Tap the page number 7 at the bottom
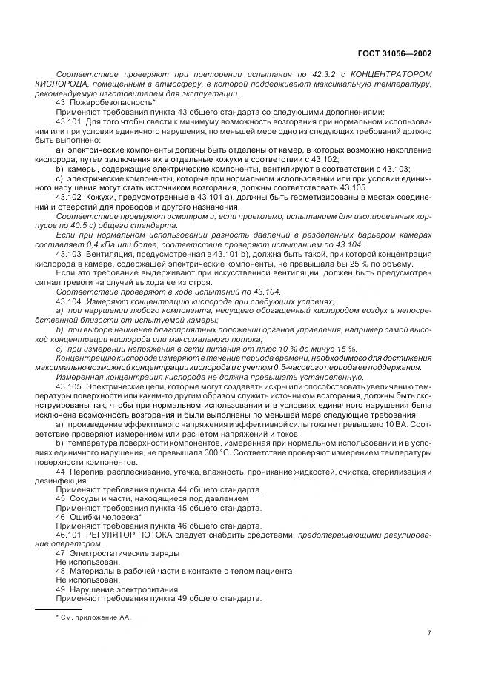[430, 632]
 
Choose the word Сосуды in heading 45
[83, 499]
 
